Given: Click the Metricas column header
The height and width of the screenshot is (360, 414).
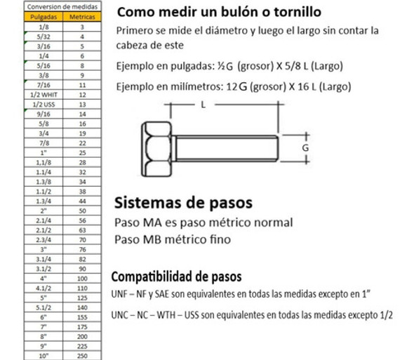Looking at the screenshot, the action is pyautogui.click(x=82, y=15).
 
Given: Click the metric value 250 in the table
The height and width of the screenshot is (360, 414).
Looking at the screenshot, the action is pyautogui.click(x=82, y=354).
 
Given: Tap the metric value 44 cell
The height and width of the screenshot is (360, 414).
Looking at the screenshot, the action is pyautogui.click(x=82, y=200).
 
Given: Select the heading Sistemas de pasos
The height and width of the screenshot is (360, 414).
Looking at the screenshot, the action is pyautogui.click(x=182, y=204).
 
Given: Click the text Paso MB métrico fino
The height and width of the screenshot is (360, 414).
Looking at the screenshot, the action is pyautogui.click(x=171, y=239).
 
